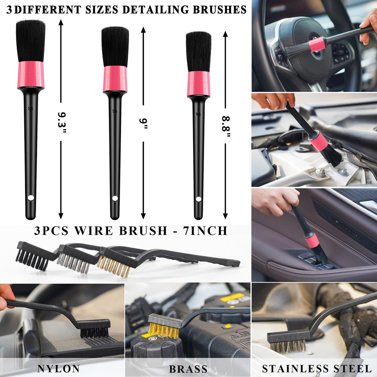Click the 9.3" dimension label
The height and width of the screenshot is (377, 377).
coord(62,122)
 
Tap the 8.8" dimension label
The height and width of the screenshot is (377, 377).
coord(226,126)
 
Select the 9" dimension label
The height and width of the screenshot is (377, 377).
coord(143,123)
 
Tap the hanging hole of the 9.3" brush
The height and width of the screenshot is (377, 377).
coord(30,198)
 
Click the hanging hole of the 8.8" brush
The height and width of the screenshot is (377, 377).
coord(198,199)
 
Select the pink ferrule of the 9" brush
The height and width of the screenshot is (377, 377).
coord(115,79)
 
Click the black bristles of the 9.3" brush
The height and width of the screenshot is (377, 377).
coord(31,41)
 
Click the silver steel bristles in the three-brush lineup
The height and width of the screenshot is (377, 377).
coord(74,263)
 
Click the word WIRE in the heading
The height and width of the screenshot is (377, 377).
coord(94,231)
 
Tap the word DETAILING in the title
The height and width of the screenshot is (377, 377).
coord(155,10)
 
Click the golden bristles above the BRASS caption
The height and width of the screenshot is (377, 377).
coord(164,331)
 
